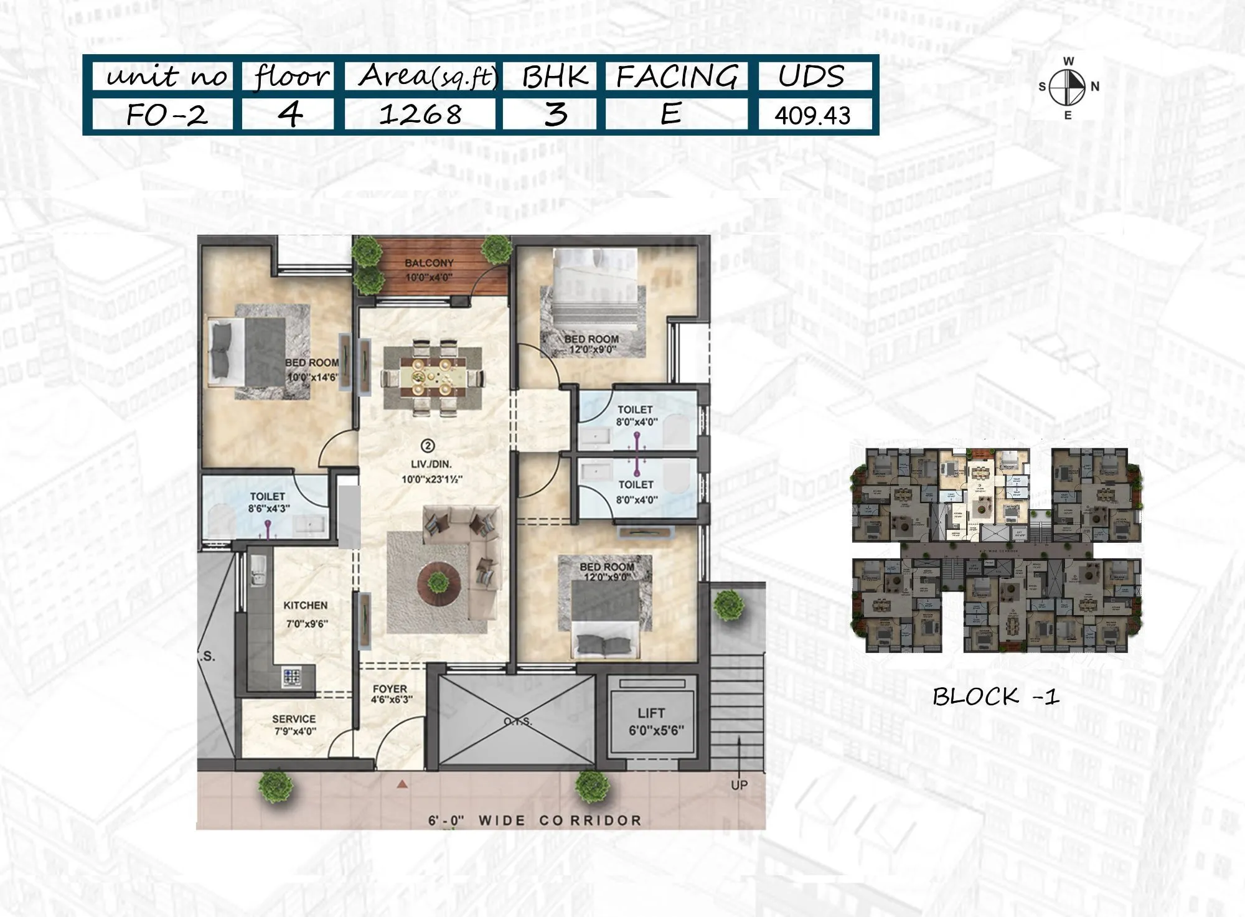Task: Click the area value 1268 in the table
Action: point(420,115)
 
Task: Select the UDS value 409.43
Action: point(812,116)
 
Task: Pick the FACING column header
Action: point(677,77)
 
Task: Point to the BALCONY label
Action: point(429,263)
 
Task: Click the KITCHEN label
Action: point(305,605)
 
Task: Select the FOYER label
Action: point(390,689)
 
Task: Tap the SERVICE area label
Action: point(294,719)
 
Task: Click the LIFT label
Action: point(651,713)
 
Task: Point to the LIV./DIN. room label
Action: point(426,464)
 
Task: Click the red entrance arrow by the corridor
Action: point(402,784)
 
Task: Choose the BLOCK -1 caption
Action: point(995,696)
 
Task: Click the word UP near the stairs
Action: point(739,785)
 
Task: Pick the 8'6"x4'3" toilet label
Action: point(268,502)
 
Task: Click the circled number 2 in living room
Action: point(428,445)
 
